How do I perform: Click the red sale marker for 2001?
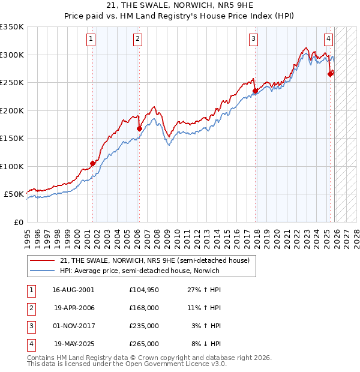click(x=92, y=163)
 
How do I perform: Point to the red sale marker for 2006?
click(x=139, y=128)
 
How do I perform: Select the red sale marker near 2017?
click(x=255, y=91)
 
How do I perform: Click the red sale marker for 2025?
click(x=330, y=74)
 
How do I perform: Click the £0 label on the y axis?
click(x=18, y=222)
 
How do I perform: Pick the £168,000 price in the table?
click(x=143, y=307)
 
